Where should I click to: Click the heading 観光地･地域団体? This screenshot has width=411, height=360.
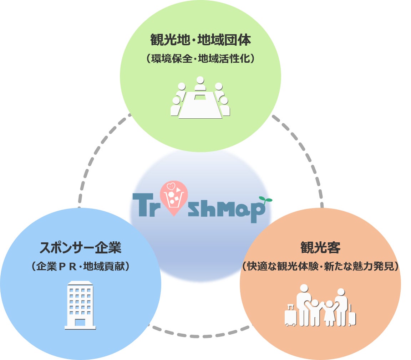click(201, 40)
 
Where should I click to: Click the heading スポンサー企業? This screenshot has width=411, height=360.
click(81, 247)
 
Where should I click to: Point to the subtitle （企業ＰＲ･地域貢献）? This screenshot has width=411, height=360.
click(81, 266)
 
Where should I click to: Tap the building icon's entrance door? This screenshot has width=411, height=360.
click(80, 322)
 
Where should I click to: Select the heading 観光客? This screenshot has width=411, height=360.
click(320, 247)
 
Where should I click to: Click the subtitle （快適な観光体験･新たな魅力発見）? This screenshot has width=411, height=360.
click(320, 266)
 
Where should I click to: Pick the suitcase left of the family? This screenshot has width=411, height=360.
click(290, 316)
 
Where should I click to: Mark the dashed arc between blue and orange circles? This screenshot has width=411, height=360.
click(200, 335)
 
